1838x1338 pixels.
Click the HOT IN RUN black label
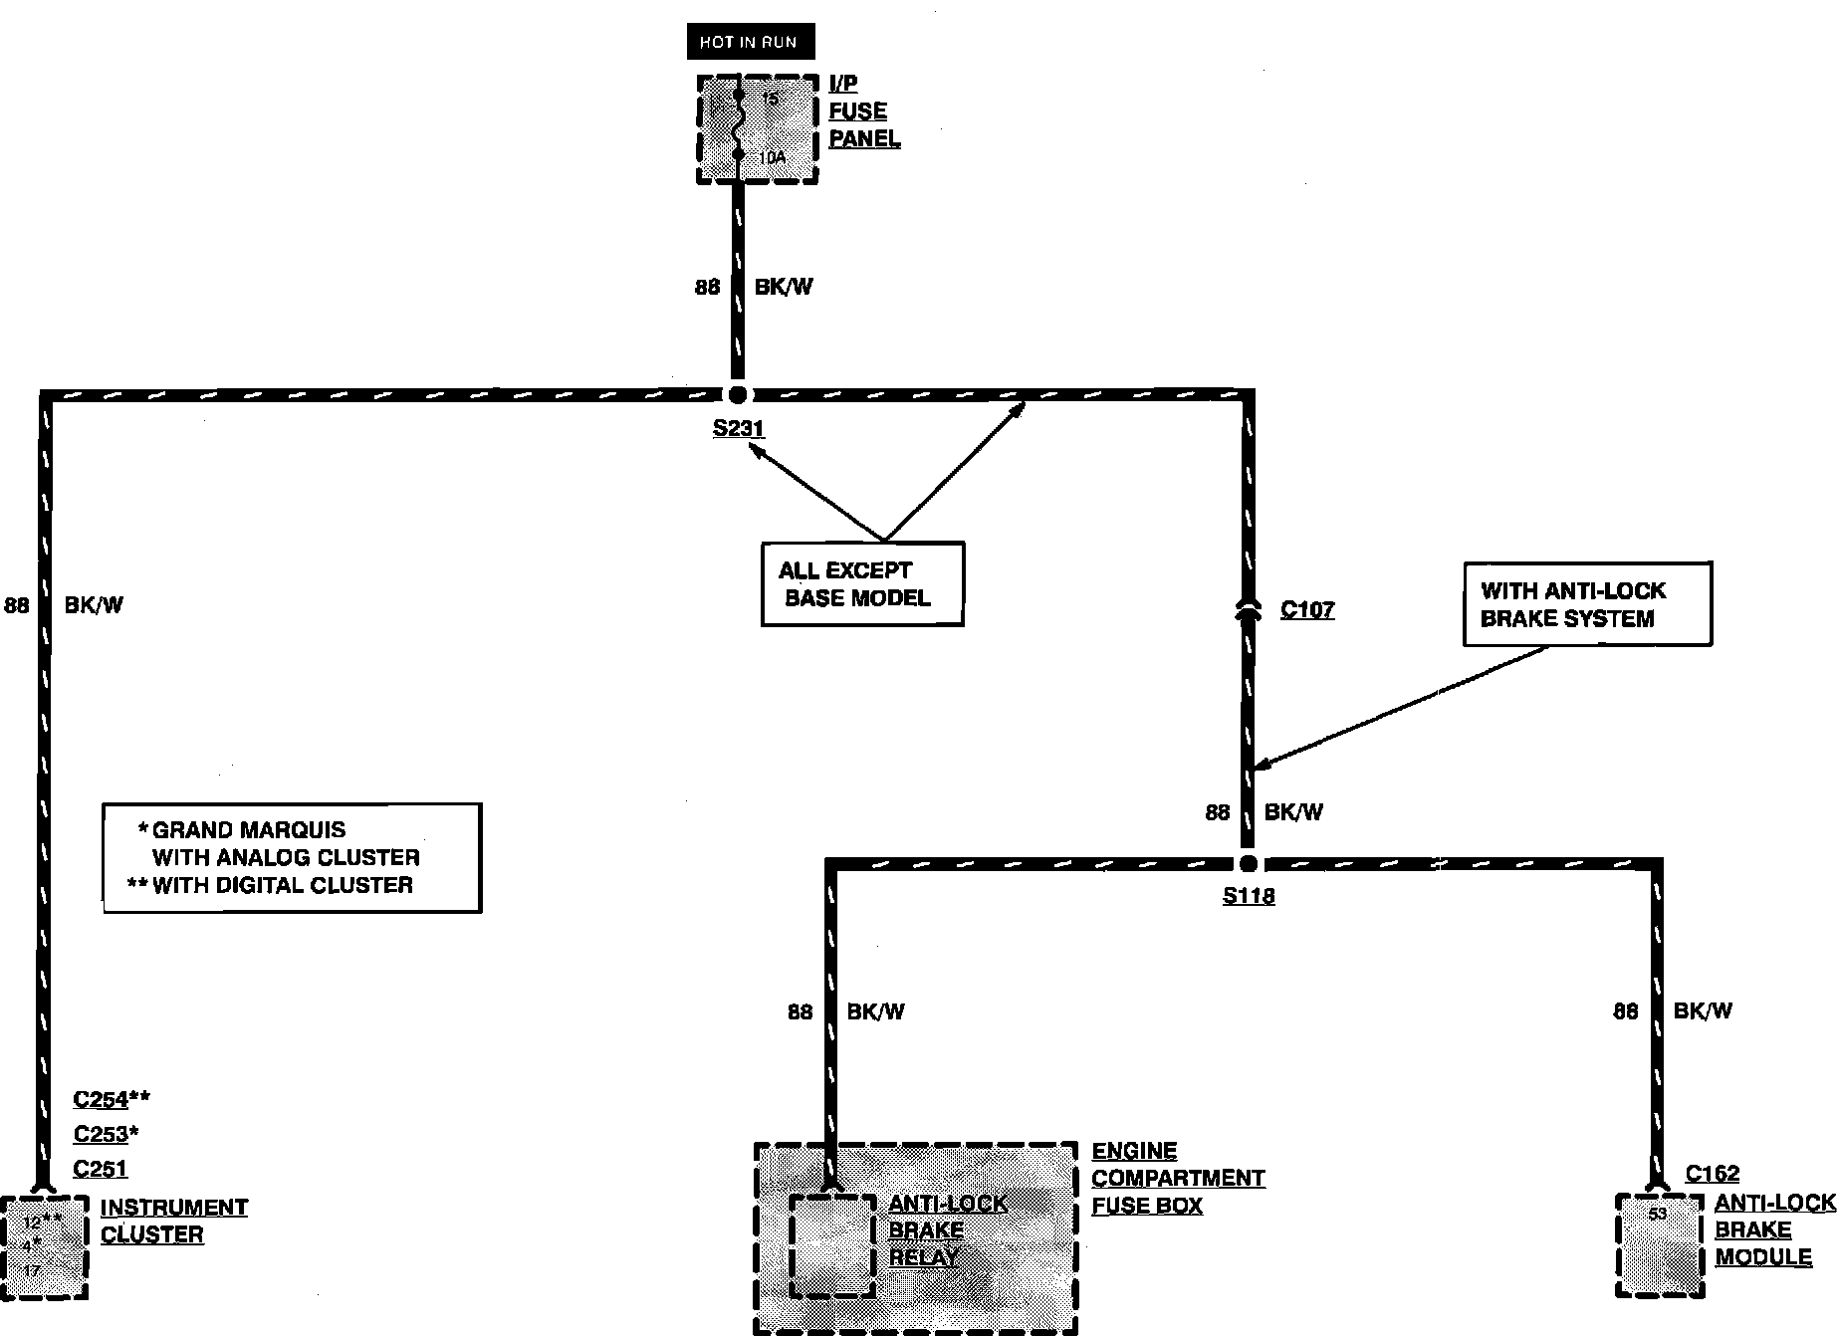pyautogui.click(x=749, y=42)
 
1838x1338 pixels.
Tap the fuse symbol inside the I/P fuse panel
pyautogui.click(x=738, y=125)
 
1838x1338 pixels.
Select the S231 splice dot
pyautogui.click(x=738, y=394)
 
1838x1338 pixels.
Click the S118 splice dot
pyautogui.click(x=1248, y=863)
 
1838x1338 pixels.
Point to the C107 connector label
pyautogui.click(x=1306, y=609)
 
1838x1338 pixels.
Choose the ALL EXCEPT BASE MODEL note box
pyautogui.click(x=862, y=584)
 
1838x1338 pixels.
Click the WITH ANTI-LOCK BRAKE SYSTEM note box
pyautogui.click(x=1587, y=604)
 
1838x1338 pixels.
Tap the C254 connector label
pyautogui.click(x=101, y=1099)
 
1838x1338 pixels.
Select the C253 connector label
pyautogui.click(x=101, y=1134)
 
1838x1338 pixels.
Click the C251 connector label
pyautogui.click(x=101, y=1169)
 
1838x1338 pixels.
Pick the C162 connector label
pyautogui.click(x=1713, y=1174)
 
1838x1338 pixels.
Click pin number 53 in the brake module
pyautogui.click(x=1657, y=1214)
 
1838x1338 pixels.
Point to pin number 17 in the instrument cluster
pyautogui.click(x=32, y=1271)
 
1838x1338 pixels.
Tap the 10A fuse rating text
pyautogui.click(x=773, y=157)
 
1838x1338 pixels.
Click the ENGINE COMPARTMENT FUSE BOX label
pyautogui.click(x=1178, y=1178)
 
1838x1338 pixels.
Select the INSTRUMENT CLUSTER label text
pyautogui.click(x=173, y=1221)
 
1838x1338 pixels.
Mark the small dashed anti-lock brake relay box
pyautogui.click(x=832, y=1244)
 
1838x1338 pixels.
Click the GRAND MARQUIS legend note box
pyautogui.click(x=292, y=857)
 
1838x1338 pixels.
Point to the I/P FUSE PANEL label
pyautogui.click(x=863, y=111)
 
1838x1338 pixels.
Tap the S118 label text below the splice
pyautogui.click(x=1249, y=896)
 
